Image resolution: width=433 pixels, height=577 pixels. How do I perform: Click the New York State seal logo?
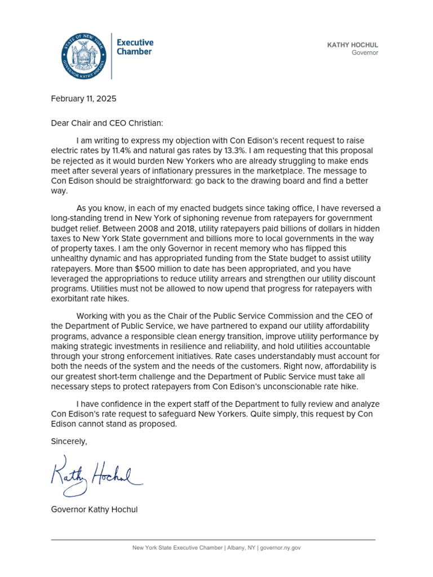click(83, 56)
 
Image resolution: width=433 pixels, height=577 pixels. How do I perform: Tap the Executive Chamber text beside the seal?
click(134, 47)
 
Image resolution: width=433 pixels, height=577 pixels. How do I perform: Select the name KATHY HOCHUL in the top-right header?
click(352, 45)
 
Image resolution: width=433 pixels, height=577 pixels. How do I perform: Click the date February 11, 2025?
click(83, 99)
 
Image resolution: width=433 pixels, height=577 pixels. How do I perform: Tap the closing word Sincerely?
click(69, 441)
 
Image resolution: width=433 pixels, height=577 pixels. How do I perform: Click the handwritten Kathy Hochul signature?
click(96, 474)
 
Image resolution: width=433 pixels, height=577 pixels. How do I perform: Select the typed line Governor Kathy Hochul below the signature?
click(94, 510)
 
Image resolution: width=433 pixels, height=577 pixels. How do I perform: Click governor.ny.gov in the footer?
click(280, 548)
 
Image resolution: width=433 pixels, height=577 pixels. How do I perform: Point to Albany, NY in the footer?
click(242, 548)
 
